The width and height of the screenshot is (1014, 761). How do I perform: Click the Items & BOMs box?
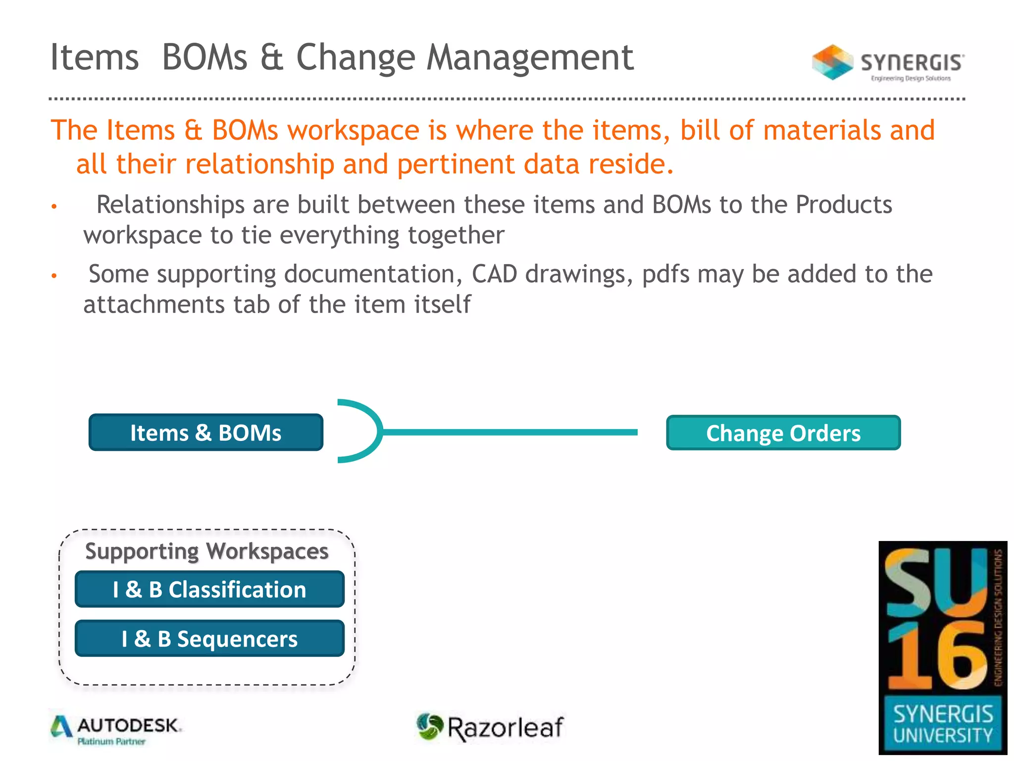pyautogui.click(x=206, y=433)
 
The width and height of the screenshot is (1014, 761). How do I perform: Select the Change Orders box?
pyautogui.click(x=783, y=433)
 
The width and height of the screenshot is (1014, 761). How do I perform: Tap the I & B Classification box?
pyautogui.click(x=209, y=589)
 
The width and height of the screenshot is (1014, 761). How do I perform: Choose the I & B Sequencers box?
pyautogui.click(x=209, y=638)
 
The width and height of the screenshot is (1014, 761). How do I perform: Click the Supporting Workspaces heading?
pyautogui.click(x=207, y=551)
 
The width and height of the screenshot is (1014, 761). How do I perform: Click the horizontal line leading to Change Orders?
pyautogui.click(x=510, y=433)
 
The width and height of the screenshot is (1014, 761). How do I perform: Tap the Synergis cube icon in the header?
pyautogui.click(x=832, y=62)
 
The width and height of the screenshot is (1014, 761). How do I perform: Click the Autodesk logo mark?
pyautogui.click(x=61, y=727)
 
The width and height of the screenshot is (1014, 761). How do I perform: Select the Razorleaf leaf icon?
pyautogui.click(x=429, y=726)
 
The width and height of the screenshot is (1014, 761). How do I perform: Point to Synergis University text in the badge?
pyautogui.click(x=943, y=724)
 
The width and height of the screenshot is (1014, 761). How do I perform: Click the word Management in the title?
pyautogui.click(x=530, y=57)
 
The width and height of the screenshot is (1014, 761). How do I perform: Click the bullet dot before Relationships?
pyautogui.click(x=54, y=206)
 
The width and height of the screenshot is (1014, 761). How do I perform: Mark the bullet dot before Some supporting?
pyautogui.click(x=54, y=275)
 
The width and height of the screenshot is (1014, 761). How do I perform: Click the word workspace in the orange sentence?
pyautogui.click(x=354, y=130)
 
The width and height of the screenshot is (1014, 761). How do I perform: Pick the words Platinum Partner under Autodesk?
pyautogui.click(x=111, y=742)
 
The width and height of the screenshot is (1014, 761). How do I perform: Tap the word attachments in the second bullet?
pyautogui.click(x=154, y=304)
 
